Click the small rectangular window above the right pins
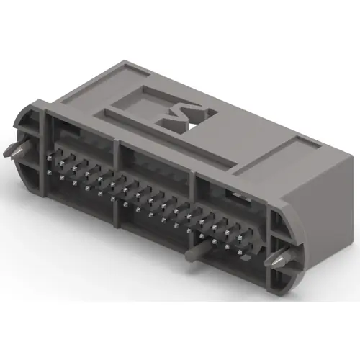pos(234,194)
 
